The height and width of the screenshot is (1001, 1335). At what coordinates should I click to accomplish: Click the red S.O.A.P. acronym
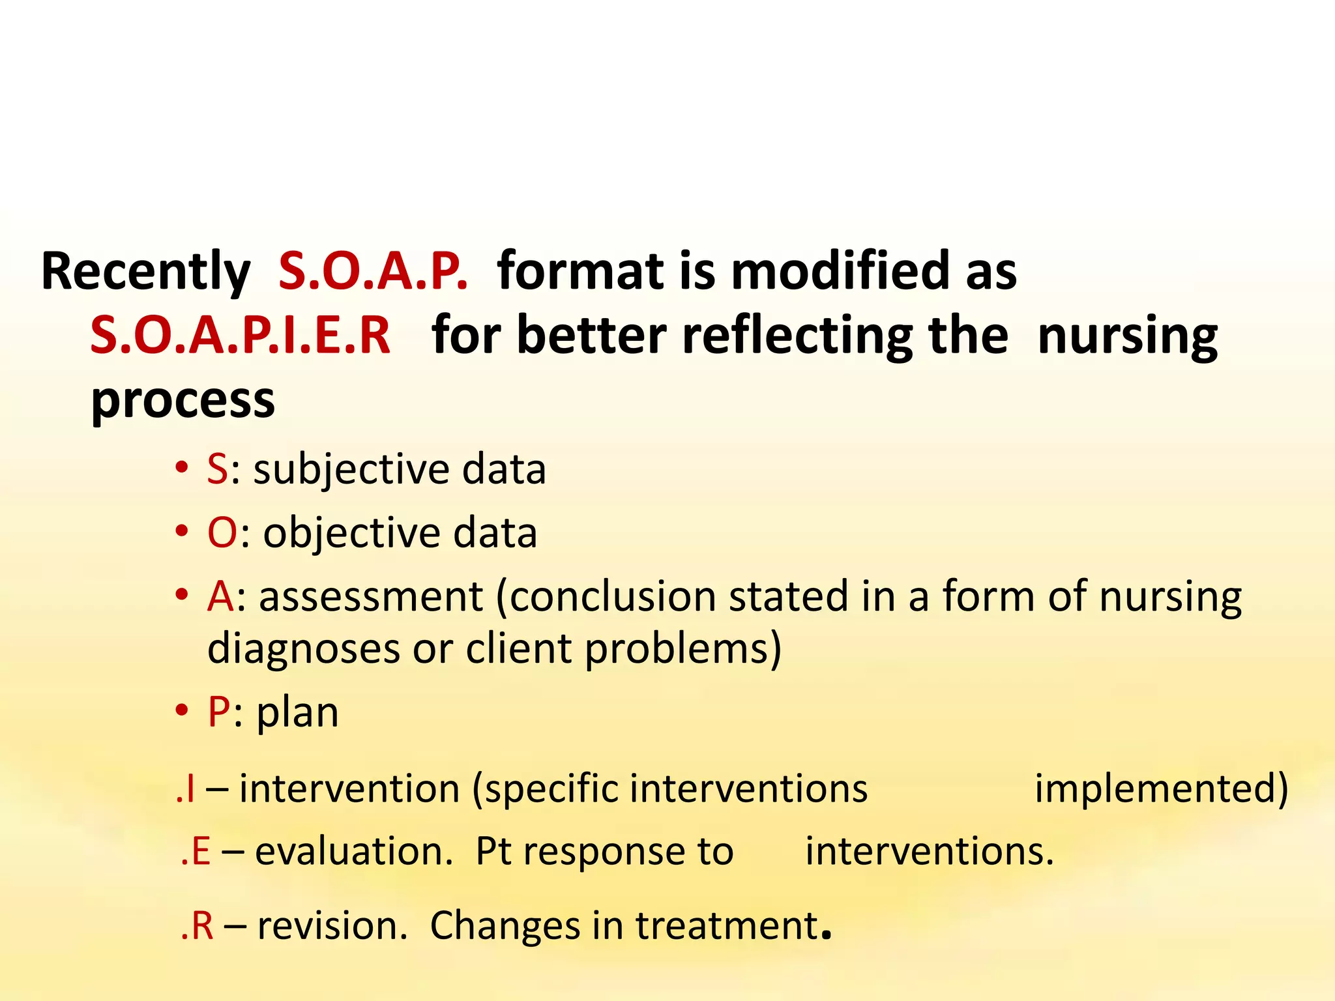[373, 271]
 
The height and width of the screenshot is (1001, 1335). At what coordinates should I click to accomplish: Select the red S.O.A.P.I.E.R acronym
[241, 335]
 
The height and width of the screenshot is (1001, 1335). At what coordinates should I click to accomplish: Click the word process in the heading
[183, 400]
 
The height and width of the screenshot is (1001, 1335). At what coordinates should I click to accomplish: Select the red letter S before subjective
[218, 469]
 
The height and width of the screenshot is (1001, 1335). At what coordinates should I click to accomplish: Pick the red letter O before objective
[222, 533]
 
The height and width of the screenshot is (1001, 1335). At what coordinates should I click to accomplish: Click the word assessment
[371, 597]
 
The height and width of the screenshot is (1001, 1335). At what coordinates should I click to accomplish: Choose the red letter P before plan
[219, 712]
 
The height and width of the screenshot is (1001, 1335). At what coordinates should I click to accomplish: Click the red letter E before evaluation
[201, 852]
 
